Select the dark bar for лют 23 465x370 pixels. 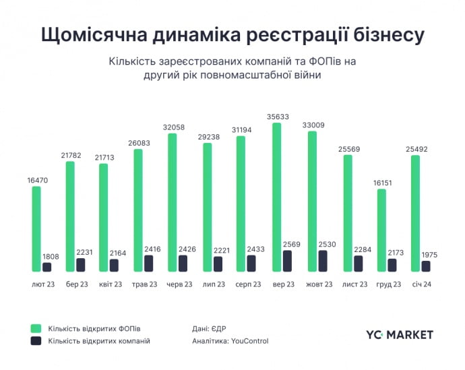[46, 268]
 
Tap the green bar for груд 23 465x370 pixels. [381, 230]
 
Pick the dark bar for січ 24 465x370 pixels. [426, 266]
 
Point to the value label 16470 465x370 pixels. [36, 180]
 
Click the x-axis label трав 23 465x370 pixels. [144, 284]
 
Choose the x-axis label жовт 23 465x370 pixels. [319, 284]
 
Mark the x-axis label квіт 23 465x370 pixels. [109, 284]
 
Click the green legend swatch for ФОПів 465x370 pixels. [36, 328]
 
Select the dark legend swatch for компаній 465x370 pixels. [36, 341]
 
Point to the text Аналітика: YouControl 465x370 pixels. [230, 341]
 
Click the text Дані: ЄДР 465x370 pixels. [209, 328]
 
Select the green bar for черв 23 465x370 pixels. [172, 203]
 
